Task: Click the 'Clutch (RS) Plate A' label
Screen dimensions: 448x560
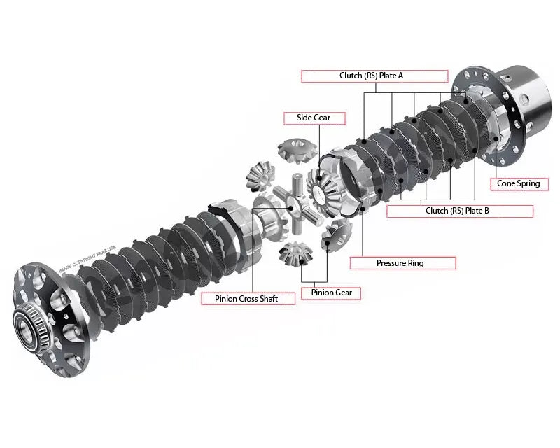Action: [374, 76]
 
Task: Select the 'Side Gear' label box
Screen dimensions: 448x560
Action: [314, 118]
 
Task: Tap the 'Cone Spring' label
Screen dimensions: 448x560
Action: [518, 183]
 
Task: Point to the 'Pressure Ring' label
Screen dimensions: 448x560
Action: [400, 263]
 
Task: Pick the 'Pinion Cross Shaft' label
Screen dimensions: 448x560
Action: [239, 299]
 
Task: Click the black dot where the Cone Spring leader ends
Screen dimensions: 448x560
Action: [497, 138]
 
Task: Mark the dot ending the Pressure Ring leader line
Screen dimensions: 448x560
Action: [362, 207]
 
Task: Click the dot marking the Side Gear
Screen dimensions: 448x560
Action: [321, 180]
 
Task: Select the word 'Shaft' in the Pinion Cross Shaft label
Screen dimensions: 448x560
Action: [265, 299]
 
